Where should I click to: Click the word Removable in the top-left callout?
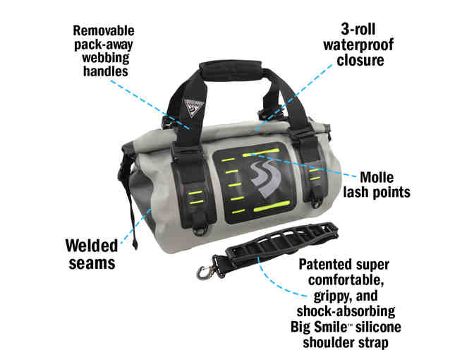click(104, 30)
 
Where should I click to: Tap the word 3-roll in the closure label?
click(358, 30)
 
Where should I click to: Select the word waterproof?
click(358, 44)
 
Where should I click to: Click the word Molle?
click(377, 177)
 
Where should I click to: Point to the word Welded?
click(92, 246)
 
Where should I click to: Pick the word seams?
click(92, 263)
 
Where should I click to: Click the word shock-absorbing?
click(346, 311)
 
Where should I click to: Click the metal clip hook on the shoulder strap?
click(203, 272)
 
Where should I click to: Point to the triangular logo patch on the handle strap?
click(193, 108)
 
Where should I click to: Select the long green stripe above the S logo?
click(260, 152)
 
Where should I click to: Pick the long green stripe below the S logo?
click(272, 205)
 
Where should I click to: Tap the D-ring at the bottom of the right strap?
click(317, 203)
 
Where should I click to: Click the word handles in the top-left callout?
click(106, 71)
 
